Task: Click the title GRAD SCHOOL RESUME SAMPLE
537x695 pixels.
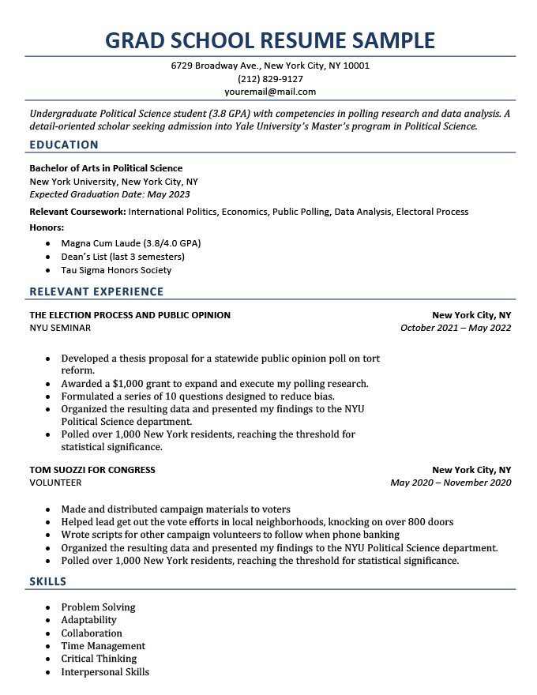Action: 270,39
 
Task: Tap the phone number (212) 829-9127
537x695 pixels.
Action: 270,79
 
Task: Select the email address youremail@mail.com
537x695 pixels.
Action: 270,92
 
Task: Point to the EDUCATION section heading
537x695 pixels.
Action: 64,145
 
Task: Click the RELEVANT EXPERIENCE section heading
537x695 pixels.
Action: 96,291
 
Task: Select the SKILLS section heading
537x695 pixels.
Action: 48,581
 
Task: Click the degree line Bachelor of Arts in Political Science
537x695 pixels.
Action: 106,168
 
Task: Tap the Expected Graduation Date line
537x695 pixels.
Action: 110,194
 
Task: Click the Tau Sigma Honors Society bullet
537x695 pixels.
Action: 116,270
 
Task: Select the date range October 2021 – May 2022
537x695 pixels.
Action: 456,328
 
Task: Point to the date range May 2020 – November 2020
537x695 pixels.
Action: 451,483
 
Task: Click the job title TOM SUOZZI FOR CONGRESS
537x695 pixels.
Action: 92,470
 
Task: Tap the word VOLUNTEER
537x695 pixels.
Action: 55,483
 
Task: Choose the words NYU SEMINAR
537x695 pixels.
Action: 60,328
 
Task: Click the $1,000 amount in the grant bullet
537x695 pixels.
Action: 133,384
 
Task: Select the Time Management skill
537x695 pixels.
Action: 103,646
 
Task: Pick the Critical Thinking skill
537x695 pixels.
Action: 100,659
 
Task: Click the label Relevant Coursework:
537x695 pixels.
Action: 77,212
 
